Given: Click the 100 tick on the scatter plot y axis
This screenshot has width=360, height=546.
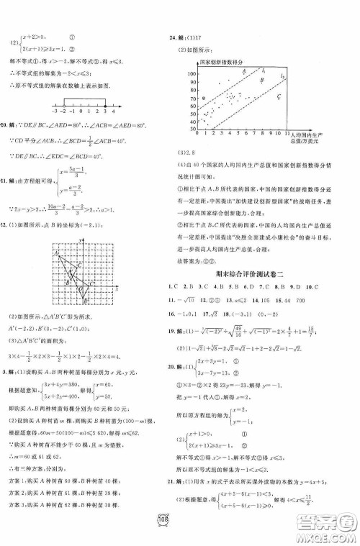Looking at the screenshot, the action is [x=192, y=74].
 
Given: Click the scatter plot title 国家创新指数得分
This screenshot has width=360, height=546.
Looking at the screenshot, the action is [x=228, y=64].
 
